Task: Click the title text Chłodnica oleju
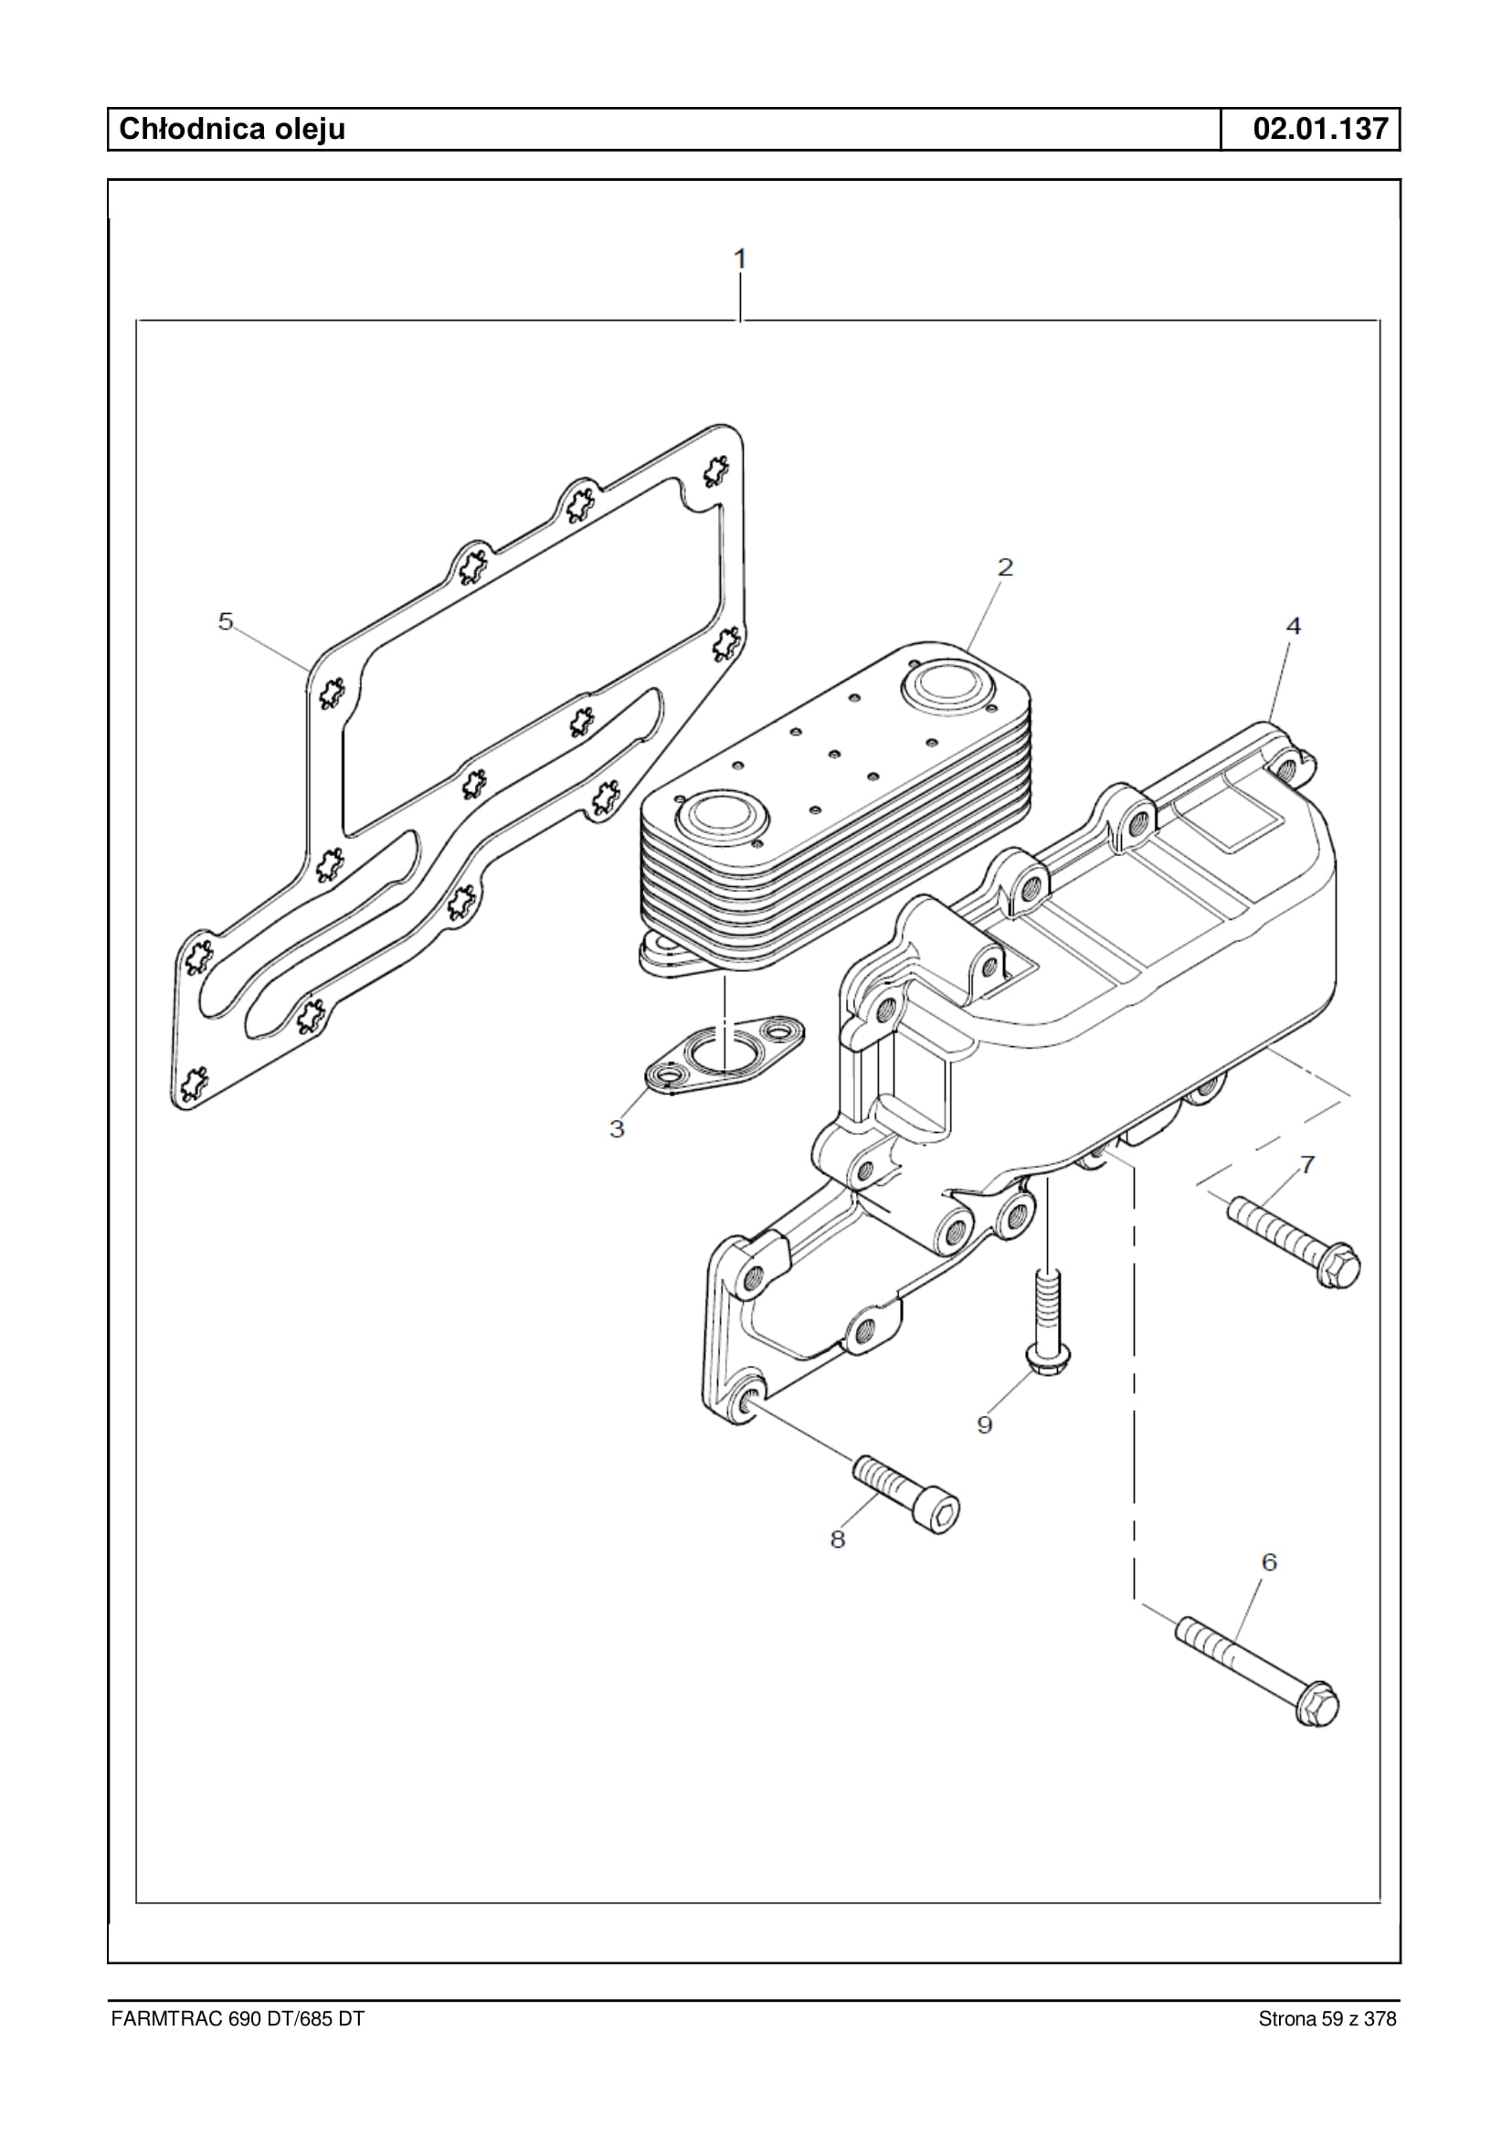(x=232, y=129)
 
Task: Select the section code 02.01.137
(x=1320, y=129)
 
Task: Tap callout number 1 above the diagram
(x=740, y=258)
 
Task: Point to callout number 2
(x=1005, y=566)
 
